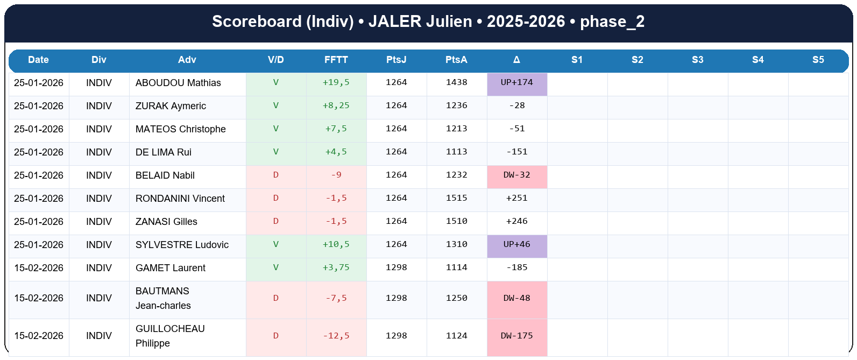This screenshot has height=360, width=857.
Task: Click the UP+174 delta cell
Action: (517, 83)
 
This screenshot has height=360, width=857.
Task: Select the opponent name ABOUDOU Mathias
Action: (178, 83)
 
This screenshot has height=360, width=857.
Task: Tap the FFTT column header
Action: (336, 60)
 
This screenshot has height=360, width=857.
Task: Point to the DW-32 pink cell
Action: (517, 175)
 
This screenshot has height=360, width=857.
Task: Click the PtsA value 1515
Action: (457, 199)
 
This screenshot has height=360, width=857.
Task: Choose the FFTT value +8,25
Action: (336, 106)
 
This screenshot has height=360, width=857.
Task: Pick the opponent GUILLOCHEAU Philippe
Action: (170, 336)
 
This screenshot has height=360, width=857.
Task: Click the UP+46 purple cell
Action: (517, 245)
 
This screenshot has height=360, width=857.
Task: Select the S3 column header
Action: (698, 60)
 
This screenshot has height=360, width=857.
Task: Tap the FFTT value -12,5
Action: (336, 336)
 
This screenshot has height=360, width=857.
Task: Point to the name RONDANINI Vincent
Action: (180, 199)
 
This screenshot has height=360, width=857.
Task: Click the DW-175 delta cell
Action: (517, 336)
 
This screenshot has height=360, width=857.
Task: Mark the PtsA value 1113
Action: (457, 152)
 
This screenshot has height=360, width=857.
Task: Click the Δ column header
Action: (516, 60)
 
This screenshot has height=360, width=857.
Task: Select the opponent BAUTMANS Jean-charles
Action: (163, 298)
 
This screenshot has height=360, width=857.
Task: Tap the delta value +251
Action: (517, 199)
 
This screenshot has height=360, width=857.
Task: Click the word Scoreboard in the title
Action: (257, 22)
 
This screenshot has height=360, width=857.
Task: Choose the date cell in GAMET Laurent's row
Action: (39, 268)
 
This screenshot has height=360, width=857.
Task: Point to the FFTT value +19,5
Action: (336, 83)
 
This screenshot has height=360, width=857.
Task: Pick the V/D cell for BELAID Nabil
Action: (276, 175)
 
